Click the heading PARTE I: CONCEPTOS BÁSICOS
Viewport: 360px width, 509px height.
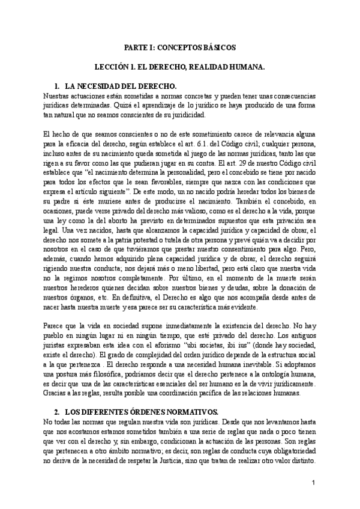[x=180, y=46]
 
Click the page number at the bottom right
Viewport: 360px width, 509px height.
[x=314, y=483]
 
